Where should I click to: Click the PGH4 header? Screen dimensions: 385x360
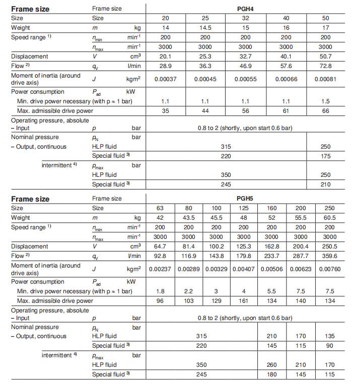coord(244,9)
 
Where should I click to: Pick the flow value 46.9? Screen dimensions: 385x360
coord(245,66)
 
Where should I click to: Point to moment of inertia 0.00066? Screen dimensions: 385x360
coord(284,79)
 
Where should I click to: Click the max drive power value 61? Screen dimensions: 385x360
coord(284,110)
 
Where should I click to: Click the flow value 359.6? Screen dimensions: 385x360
coord(330,256)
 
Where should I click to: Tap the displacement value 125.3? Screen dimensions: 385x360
coord(244,246)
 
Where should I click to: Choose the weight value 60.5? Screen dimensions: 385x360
coord(330,218)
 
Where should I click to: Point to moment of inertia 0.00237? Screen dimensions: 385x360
coord(160,269)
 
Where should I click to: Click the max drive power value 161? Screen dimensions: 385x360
coord(244,300)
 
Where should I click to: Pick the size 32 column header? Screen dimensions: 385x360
coord(245,18)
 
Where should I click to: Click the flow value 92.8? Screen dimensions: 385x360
coord(160,256)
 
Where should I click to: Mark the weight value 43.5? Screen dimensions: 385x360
coord(188,218)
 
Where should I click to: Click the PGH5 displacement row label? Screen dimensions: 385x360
coord(30,246)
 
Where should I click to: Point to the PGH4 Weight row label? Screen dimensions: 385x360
coord(21,27)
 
